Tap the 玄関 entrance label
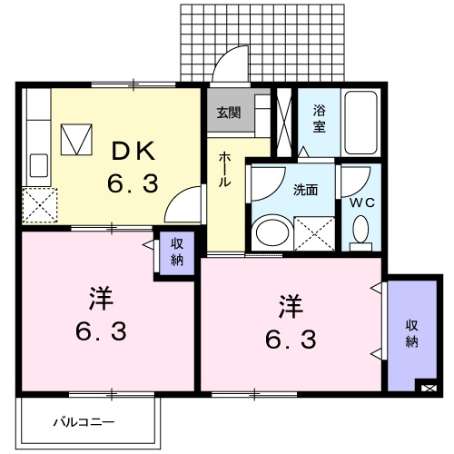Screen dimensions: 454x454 (228, 113)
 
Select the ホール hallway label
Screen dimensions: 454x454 (224, 169)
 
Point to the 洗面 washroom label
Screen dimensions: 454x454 (304, 191)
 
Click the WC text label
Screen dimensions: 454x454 (361, 202)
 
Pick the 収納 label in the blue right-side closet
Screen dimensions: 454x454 (411, 333)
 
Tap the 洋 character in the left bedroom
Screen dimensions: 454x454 (99, 298)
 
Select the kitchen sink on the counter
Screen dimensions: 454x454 (39, 165)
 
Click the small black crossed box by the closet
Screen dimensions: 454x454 (429, 387)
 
